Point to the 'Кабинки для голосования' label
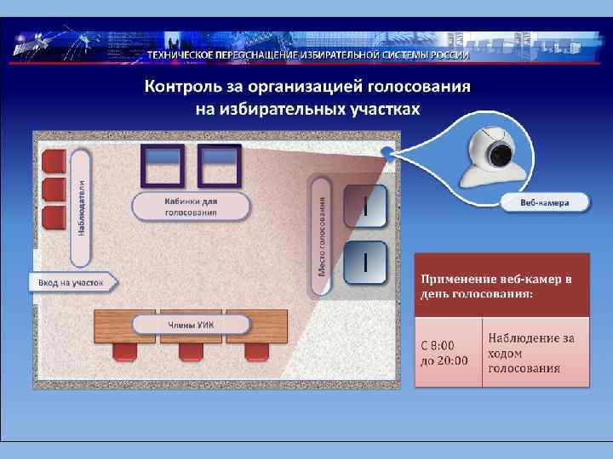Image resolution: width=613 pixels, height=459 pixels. click(x=191, y=207)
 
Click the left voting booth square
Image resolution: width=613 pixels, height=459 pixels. click(x=163, y=165)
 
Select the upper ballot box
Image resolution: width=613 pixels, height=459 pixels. click(x=364, y=207)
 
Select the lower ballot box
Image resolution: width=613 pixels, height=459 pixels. click(x=364, y=263)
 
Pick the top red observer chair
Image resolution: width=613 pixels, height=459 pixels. click(x=54, y=160)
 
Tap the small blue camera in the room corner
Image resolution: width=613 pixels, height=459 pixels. click(x=387, y=153)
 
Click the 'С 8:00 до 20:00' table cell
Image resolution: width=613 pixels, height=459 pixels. click(x=446, y=353)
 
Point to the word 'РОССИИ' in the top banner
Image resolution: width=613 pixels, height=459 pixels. click(x=448, y=54)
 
